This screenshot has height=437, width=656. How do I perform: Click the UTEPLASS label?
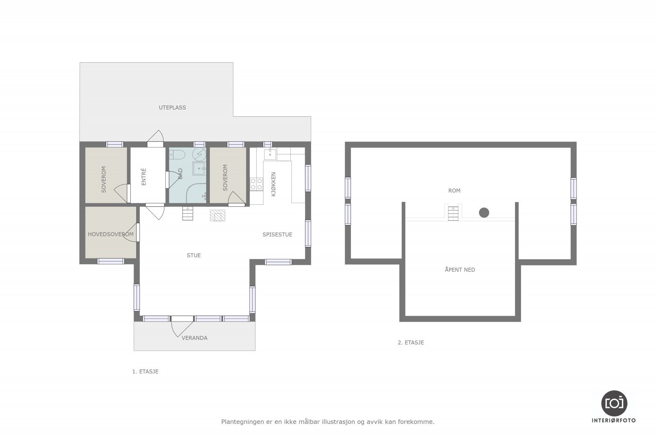coord(172,107)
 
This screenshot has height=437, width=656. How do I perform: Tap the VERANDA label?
coord(194,338)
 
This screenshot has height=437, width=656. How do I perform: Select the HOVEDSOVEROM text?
coord(111,234)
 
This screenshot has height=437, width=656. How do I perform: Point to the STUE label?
coord(194,255)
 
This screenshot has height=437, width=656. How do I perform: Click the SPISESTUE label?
coord(277,234)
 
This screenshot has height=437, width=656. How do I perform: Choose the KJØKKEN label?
coord(273,184)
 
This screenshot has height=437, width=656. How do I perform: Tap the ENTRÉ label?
coord(143,177)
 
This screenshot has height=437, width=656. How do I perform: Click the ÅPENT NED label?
coord(460,269)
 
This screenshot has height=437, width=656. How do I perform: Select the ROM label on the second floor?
coord(454,191)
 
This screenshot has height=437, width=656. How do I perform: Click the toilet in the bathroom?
coord(177,154)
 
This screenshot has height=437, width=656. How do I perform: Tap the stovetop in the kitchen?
coord(256,184)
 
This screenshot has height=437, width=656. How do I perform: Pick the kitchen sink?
coord(270,154)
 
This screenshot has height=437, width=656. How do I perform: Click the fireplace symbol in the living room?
coord(217,215)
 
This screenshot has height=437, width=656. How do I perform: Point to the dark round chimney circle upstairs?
coord(484,213)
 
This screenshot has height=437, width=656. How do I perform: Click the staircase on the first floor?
coord(188,213)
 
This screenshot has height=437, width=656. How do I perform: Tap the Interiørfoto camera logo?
coord(614,403)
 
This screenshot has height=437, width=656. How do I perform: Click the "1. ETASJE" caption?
coord(145,371)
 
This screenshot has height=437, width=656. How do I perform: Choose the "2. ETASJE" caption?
coord(410,342)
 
